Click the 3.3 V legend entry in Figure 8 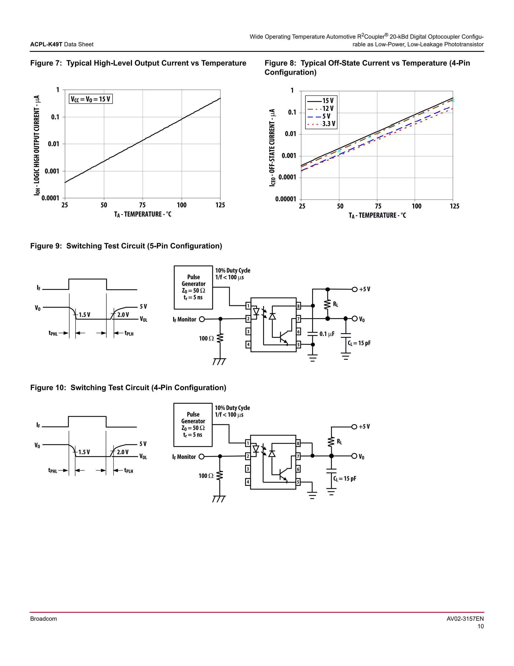pyautogui.click(x=329, y=124)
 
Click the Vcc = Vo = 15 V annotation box pyautogui.click(x=91, y=99)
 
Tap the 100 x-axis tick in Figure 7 pyautogui.click(x=181, y=205)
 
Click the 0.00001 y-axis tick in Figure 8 pyautogui.click(x=285, y=199)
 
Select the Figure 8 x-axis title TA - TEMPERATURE pyautogui.click(x=377, y=216)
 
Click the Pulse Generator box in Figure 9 pyautogui.click(x=193, y=287)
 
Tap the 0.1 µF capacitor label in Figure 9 pyautogui.click(x=327, y=334)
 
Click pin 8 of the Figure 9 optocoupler pyautogui.click(x=298, y=306)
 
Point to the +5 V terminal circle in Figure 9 pyautogui.click(x=354, y=289)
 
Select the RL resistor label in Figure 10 pyautogui.click(x=339, y=442)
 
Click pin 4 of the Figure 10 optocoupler pyautogui.click(x=248, y=482)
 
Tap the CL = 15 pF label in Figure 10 pyautogui.click(x=344, y=479)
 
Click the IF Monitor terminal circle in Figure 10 pyautogui.click(x=201, y=456)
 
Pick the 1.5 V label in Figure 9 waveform pyautogui.click(x=84, y=315)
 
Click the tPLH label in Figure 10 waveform pyautogui.click(x=128, y=470)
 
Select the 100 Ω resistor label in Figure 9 pyautogui.click(x=206, y=339)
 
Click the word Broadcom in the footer pyautogui.click(x=43, y=619)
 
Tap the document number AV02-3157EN pyautogui.click(x=465, y=619)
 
